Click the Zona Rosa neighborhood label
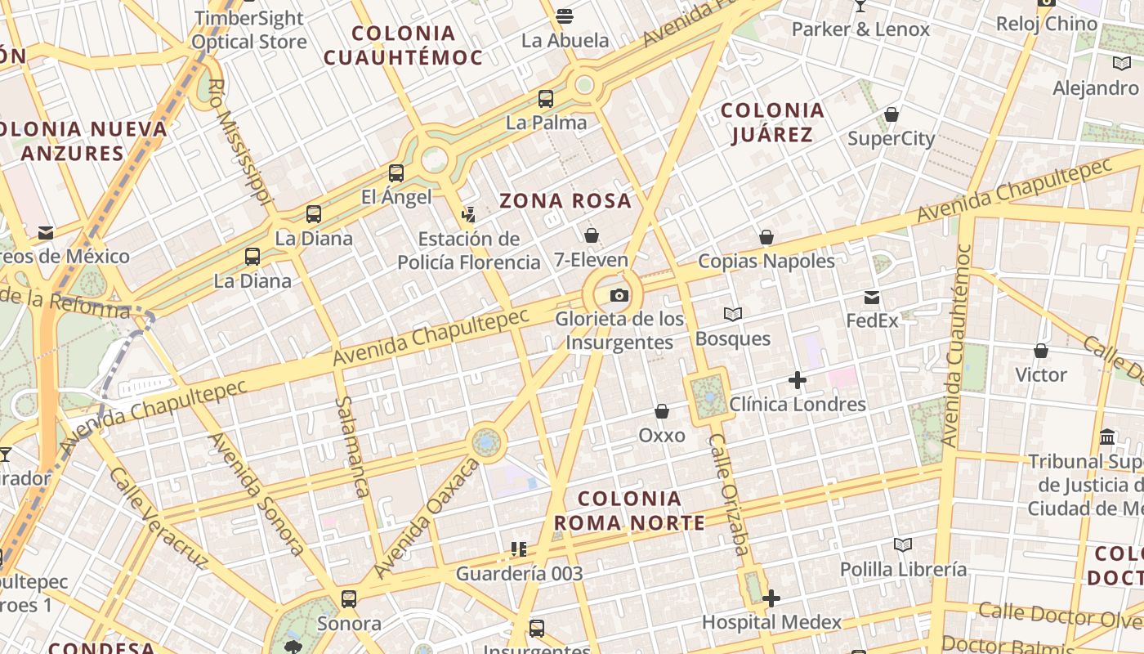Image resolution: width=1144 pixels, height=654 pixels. point(565,200)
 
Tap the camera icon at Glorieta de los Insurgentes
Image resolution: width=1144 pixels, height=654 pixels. point(619,295)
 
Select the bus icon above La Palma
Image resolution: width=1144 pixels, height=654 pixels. point(546,99)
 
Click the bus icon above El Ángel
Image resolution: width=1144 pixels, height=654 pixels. point(396,172)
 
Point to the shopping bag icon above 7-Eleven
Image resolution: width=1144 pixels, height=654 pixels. point(592,235)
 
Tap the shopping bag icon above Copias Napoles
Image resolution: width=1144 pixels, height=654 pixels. point(766,237)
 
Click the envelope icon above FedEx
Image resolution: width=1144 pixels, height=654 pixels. point(872,297)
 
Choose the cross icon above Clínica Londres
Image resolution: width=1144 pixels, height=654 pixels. point(798,380)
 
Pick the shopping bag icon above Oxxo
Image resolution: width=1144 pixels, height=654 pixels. point(662,411)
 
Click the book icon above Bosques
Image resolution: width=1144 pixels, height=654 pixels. point(733,315)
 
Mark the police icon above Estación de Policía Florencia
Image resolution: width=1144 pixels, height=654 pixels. point(469,215)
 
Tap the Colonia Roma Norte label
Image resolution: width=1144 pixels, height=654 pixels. point(629,510)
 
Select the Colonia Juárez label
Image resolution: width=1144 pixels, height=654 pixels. point(772,122)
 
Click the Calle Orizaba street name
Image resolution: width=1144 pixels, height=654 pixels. point(729,495)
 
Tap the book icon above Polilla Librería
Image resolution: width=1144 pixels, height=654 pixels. point(903,545)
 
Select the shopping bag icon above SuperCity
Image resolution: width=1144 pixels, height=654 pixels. point(892,115)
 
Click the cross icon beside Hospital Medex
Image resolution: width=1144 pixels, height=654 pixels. point(771,599)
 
